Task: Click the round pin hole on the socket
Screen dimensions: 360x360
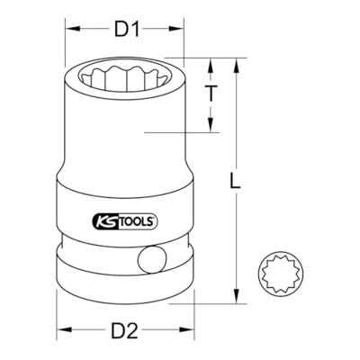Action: pos(152,263)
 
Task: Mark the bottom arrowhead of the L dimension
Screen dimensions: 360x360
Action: pos(237,301)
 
